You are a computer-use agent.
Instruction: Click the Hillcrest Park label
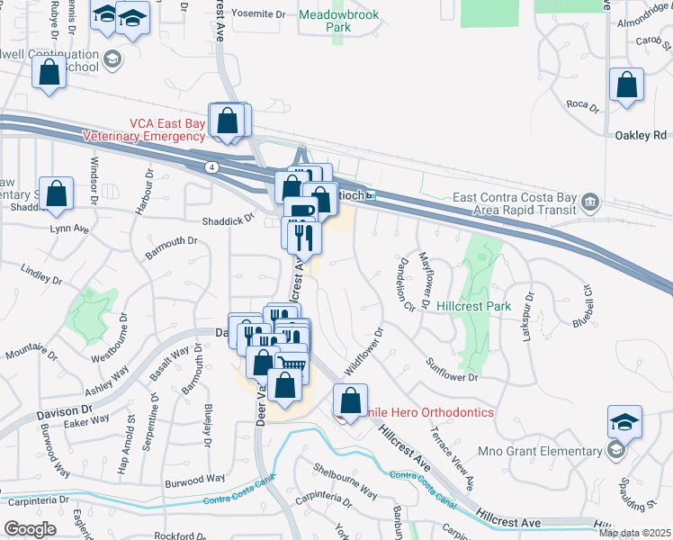click(474, 306)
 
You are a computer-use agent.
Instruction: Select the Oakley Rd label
click(641, 135)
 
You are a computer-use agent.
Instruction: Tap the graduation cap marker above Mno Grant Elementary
click(623, 422)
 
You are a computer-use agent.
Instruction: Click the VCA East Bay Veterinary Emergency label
click(144, 130)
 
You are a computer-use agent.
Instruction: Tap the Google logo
click(30, 529)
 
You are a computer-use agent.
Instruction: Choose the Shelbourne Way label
click(345, 480)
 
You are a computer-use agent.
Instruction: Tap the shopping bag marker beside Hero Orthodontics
click(351, 401)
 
